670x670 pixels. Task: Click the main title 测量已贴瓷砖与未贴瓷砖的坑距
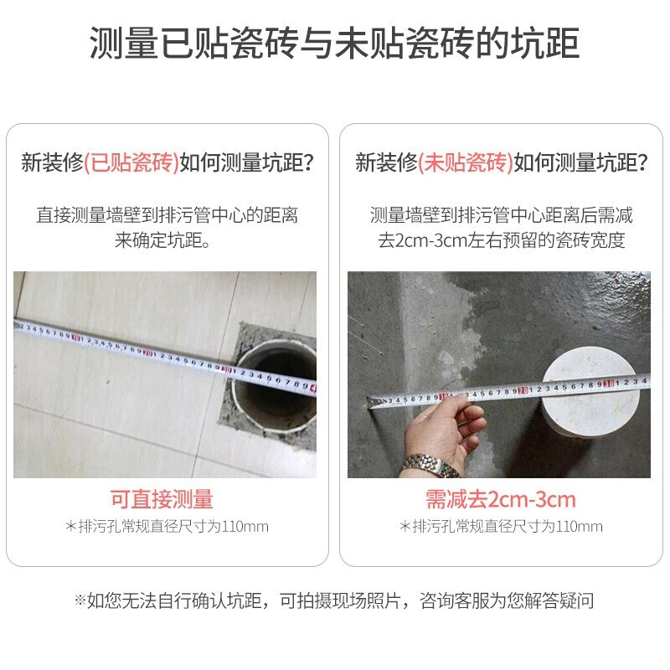point(334,44)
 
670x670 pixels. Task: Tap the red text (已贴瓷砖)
point(131,162)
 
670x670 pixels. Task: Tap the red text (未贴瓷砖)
point(466,162)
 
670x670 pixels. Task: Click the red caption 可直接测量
point(162,499)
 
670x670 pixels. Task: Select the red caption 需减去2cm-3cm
point(501,499)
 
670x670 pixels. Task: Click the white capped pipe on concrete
point(590,402)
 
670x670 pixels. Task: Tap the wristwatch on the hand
point(430,465)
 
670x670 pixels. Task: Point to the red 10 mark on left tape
point(77,338)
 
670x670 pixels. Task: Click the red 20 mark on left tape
point(148,353)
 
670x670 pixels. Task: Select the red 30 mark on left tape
point(227,369)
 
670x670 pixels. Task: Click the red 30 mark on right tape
point(609,384)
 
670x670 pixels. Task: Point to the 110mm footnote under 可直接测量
point(167,527)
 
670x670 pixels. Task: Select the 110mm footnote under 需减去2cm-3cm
point(501,527)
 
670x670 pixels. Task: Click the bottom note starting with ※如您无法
point(334,600)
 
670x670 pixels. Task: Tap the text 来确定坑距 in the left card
point(157,240)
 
